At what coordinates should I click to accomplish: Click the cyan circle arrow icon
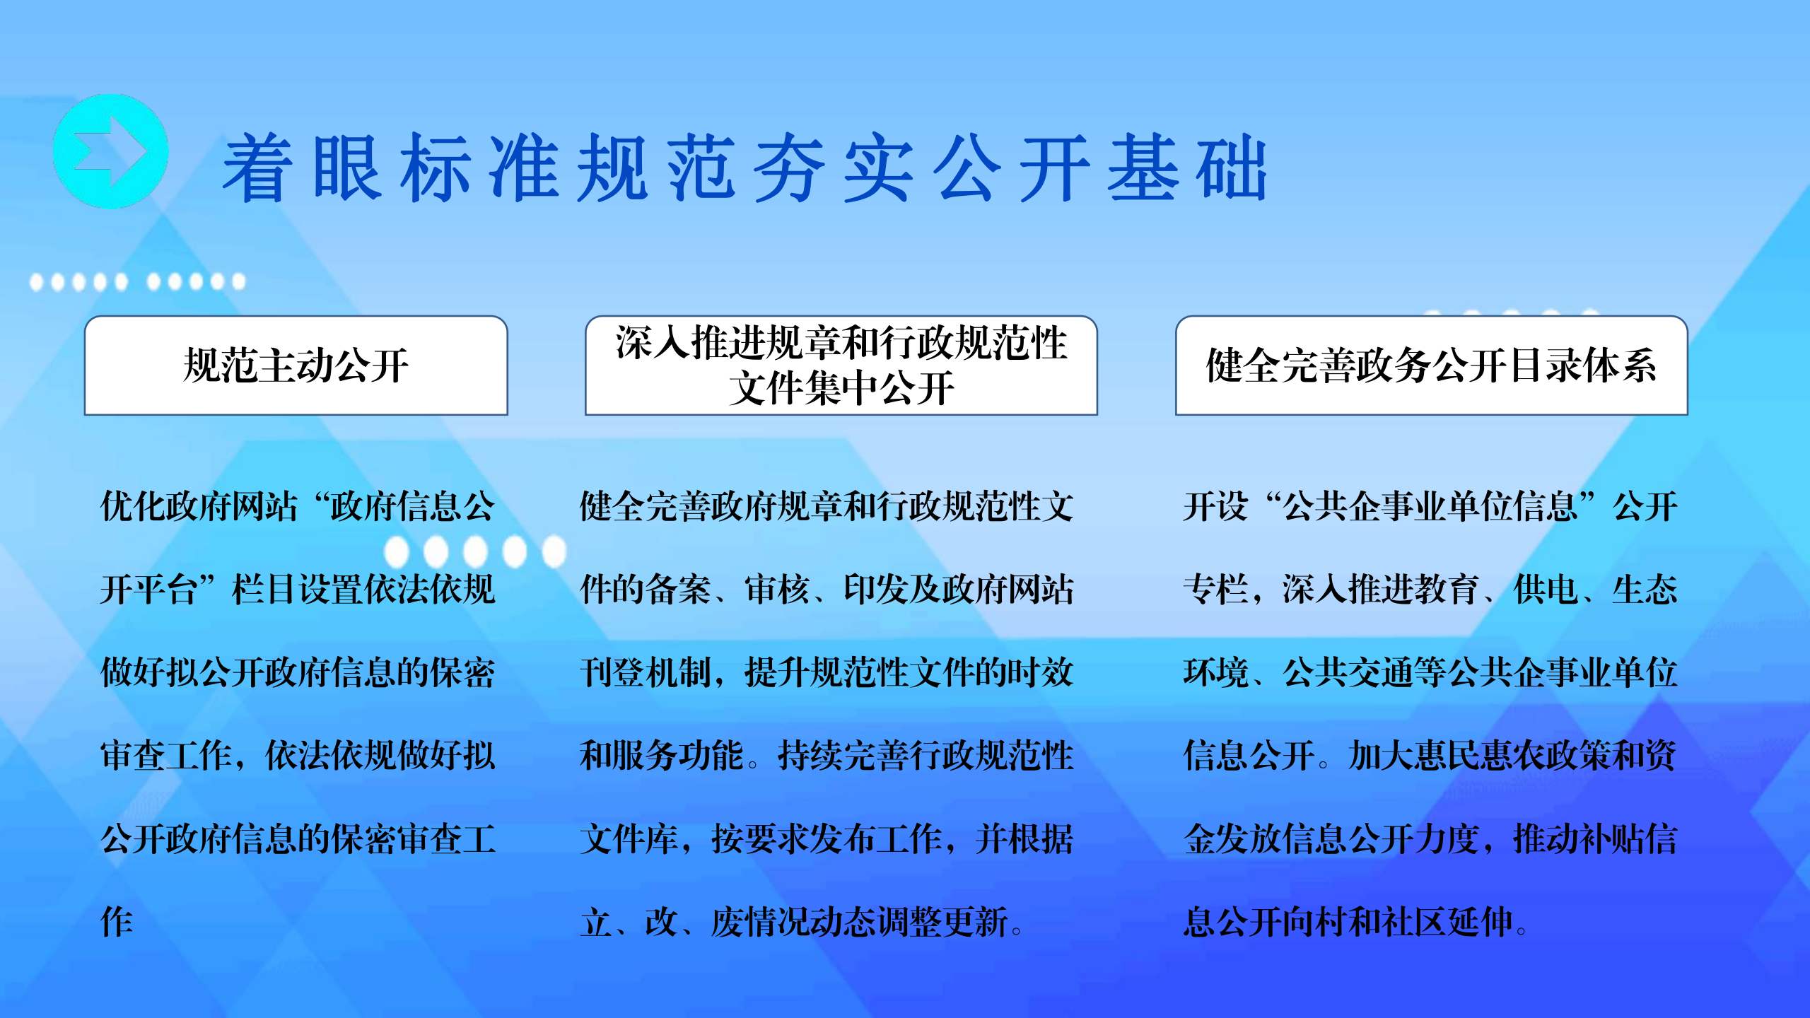click(x=111, y=151)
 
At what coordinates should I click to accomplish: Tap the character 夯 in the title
click(x=789, y=168)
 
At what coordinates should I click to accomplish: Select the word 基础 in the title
click(x=1187, y=168)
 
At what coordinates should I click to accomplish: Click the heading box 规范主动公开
click(x=296, y=365)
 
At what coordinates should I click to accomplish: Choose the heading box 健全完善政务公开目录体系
click(x=1432, y=365)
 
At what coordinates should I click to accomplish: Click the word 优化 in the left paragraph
click(x=134, y=506)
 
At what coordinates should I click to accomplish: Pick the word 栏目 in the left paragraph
click(x=265, y=589)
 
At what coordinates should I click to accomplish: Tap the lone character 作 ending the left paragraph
click(x=117, y=922)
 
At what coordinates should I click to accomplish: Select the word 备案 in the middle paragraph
click(x=679, y=589)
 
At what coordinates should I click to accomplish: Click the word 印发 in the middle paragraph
click(x=876, y=589)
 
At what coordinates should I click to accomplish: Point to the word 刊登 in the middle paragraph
click(x=612, y=672)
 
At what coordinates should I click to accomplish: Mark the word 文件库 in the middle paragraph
click(x=629, y=838)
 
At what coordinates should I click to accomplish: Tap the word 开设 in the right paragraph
click(x=1216, y=506)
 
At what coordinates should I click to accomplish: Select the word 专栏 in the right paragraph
click(x=1216, y=589)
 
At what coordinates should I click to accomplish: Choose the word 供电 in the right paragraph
click(x=1546, y=589)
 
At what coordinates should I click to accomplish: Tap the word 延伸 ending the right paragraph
click(x=1480, y=922)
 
